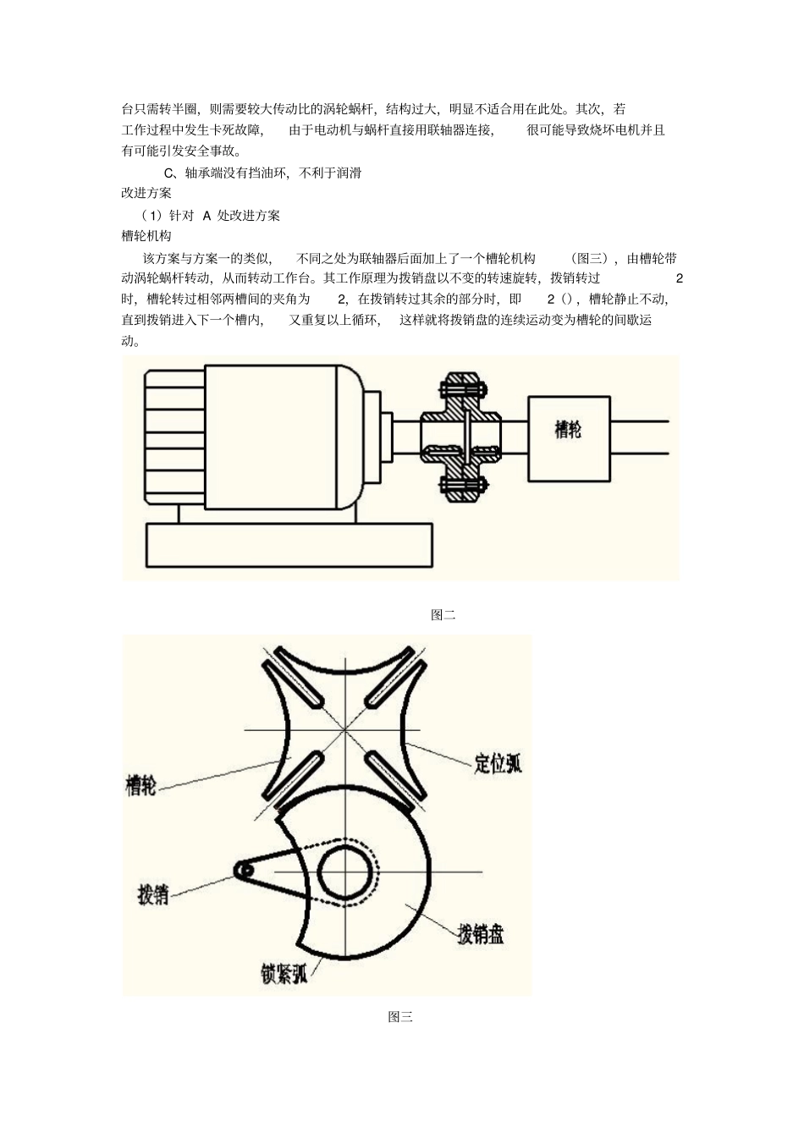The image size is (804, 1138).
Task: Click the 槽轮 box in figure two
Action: pos(568,438)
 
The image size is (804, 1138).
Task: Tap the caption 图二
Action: pos(443,615)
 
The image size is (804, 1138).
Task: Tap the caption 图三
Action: pos(400,1017)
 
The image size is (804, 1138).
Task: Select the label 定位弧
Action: pos(498,762)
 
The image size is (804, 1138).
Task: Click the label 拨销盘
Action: pos(481,934)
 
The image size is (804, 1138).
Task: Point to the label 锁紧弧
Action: pos(284,974)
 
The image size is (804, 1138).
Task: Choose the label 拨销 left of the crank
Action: pos(153,894)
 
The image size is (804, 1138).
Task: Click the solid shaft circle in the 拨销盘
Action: pos(344,872)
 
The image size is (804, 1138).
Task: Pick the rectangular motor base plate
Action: pos(289,545)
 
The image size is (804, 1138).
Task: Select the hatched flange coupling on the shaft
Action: pos(462,437)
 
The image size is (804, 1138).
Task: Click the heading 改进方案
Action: pos(146,193)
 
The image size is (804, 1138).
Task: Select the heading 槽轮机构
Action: pos(146,236)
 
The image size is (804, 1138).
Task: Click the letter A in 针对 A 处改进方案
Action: pos(207,215)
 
